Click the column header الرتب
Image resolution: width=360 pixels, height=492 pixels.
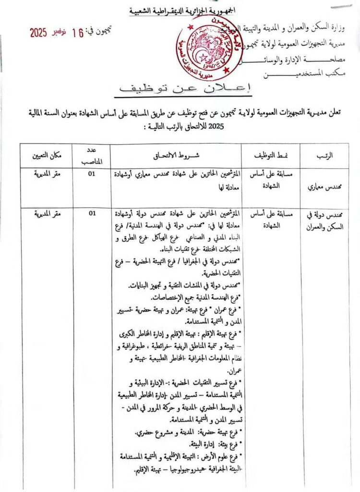click(x=326, y=155)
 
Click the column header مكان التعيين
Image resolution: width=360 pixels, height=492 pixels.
click(x=46, y=155)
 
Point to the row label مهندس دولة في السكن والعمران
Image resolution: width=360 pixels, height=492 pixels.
click(x=325, y=221)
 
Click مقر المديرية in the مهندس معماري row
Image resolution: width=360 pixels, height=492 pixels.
click(x=46, y=173)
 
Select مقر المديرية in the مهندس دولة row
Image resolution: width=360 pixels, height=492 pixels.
click(x=46, y=213)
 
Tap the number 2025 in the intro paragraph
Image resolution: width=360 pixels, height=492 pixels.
click(x=233, y=128)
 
